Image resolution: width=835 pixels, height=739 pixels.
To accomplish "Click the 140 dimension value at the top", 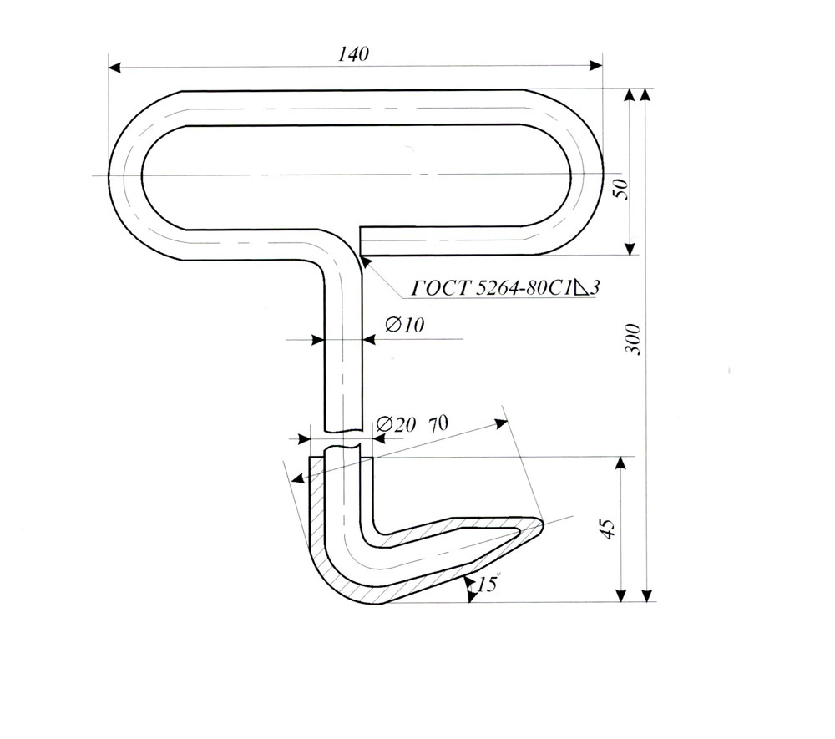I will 353,53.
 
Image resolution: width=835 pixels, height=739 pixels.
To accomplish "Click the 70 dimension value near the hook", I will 438,423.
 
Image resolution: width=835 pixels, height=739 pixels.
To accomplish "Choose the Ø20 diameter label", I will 396,423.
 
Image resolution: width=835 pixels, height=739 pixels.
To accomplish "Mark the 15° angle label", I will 488,584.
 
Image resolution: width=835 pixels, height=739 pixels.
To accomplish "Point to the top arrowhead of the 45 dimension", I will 620,463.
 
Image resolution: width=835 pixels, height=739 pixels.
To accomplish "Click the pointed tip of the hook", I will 544,525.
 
